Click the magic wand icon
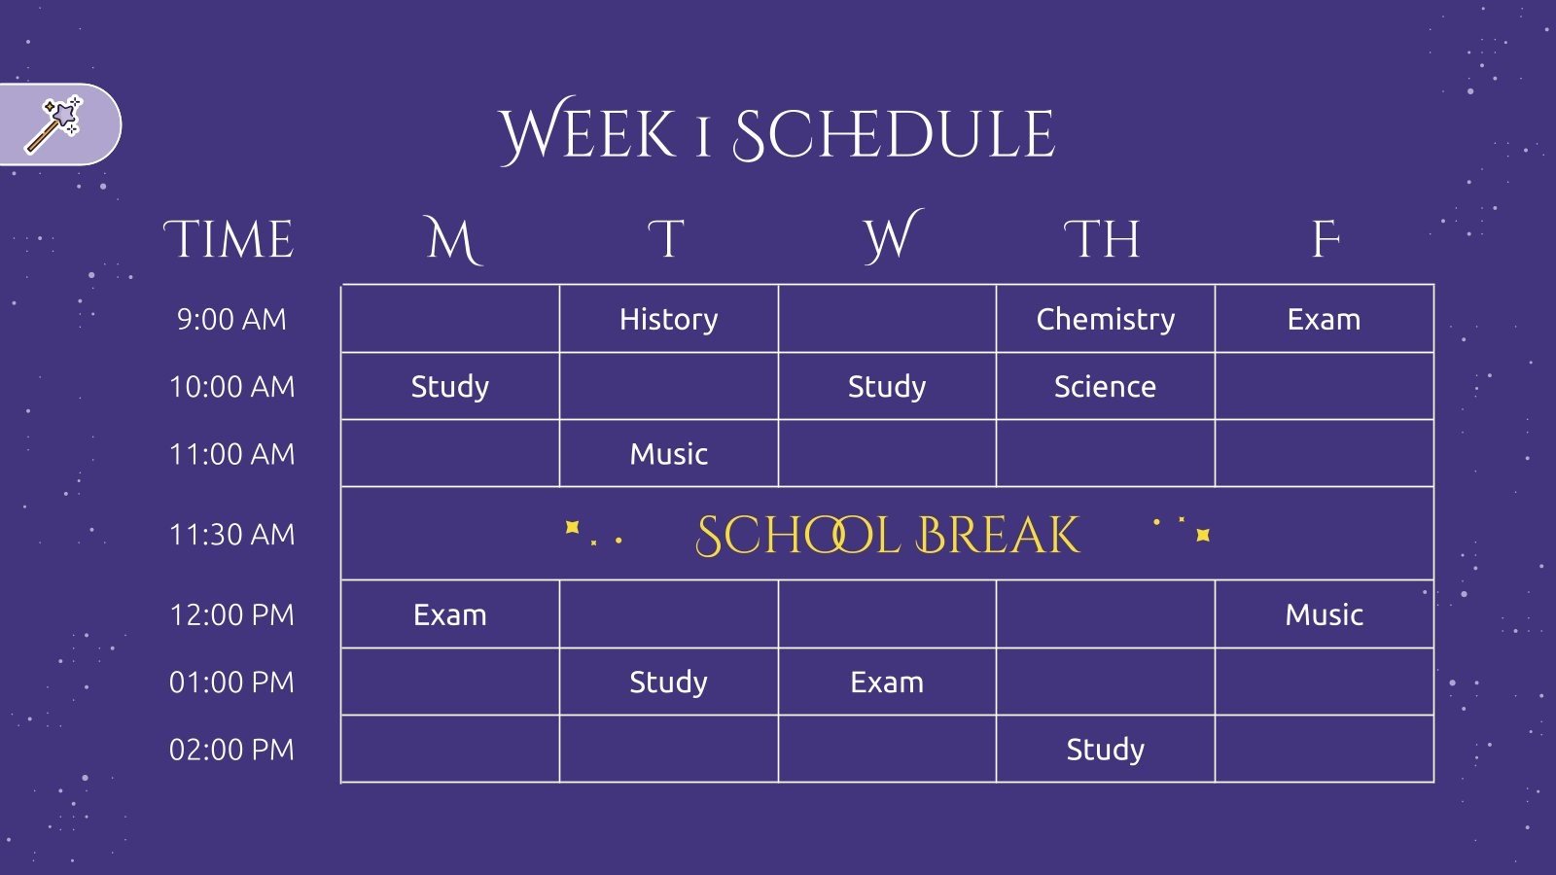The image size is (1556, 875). [x=54, y=124]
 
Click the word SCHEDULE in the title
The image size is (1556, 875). [x=894, y=134]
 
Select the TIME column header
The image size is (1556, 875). [x=230, y=240]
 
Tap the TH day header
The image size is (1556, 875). [x=1103, y=240]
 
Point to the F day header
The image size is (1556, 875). [x=1326, y=240]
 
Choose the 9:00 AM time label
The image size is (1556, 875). [x=231, y=320]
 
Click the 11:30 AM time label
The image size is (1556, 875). [x=231, y=535]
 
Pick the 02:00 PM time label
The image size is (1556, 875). [x=231, y=750]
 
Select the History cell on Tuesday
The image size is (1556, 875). [x=669, y=320]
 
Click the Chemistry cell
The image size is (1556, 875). [x=1106, y=320]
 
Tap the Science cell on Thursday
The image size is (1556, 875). [x=1106, y=387]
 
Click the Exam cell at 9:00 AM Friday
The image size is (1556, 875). [x=1324, y=320]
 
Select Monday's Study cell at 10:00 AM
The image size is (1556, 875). [x=450, y=387]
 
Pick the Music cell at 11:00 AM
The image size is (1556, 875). [x=669, y=454]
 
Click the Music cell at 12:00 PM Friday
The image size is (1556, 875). [x=1324, y=614]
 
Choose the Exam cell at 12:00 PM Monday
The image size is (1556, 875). [x=450, y=614]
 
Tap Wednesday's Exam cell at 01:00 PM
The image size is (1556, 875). [x=887, y=682]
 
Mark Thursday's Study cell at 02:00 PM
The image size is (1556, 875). [x=1106, y=750]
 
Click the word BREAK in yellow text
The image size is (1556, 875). [x=998, y=536]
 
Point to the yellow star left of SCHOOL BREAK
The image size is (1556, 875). [x=573, y=527]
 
